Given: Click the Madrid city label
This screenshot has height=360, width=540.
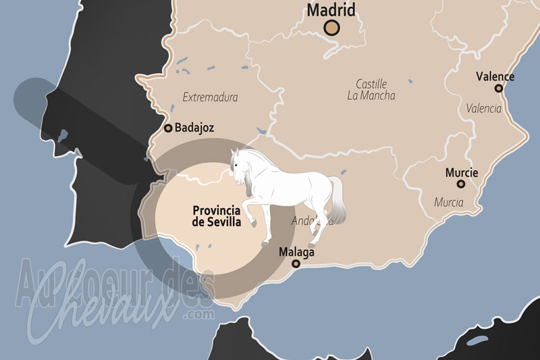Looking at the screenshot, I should (331, 10).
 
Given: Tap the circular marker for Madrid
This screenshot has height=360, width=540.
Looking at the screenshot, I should (331, 28).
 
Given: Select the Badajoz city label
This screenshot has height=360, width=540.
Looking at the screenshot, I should (195, 127).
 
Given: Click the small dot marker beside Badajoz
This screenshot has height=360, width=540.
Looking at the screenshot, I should (168, 127).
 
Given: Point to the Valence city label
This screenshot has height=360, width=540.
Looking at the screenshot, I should (495, 76).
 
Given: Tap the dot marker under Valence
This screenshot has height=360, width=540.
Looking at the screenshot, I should (498, 88).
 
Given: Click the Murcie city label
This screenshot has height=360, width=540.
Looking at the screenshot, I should (462, 173).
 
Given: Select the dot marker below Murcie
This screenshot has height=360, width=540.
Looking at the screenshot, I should (461, 184).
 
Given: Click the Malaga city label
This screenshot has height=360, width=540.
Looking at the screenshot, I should (296, 252).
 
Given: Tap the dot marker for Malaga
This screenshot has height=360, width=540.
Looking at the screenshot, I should (296, 263).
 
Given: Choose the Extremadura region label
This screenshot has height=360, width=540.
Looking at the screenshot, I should (210, 97).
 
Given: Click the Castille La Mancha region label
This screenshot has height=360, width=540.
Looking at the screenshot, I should (371, 90).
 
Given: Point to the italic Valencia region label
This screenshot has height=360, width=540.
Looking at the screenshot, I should (484, 108).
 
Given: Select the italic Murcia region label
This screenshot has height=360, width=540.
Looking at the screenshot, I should (448, 202).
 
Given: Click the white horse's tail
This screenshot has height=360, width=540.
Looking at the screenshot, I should (338, 199).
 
